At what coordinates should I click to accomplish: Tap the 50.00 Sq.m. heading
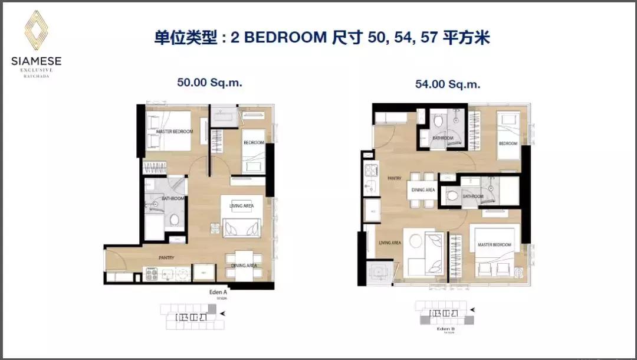point(209,83)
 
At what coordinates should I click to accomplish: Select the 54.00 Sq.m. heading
point(447,84)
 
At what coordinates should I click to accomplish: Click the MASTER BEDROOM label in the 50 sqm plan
point(175,132)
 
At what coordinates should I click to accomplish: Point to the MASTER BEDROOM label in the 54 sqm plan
point(494,245)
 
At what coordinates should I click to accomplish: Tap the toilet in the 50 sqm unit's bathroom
point(173,220)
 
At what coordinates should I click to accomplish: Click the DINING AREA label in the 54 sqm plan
point(423,190)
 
